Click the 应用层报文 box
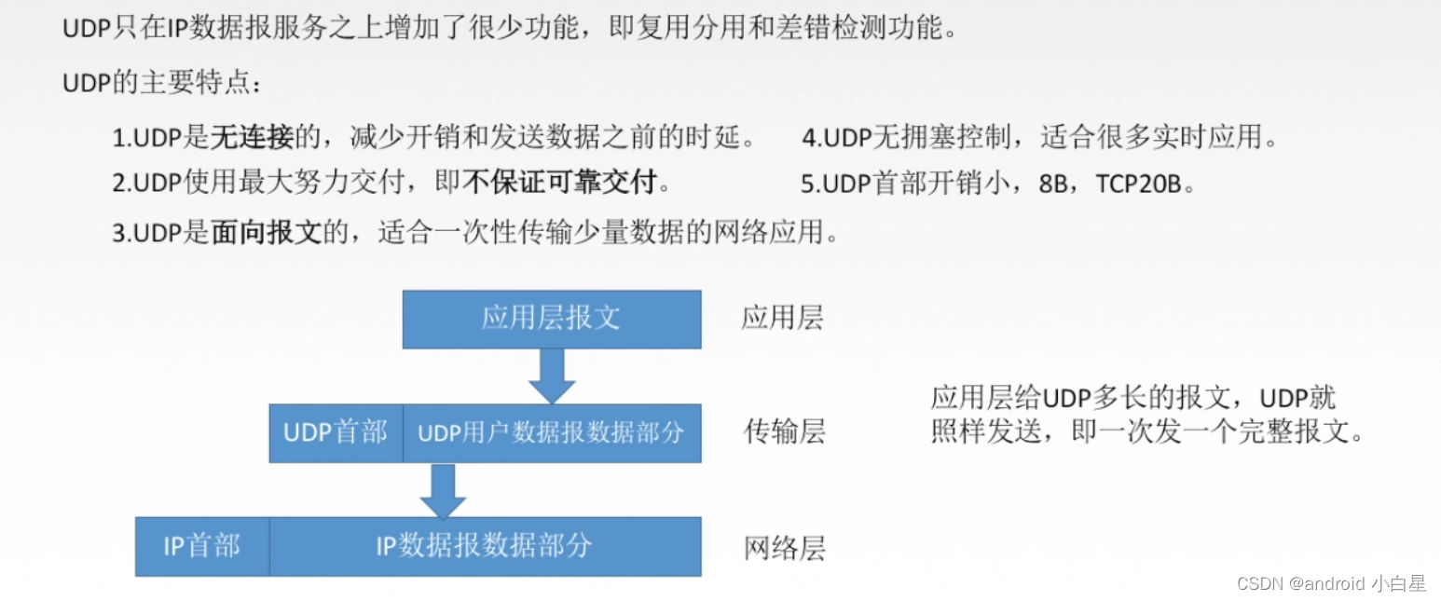tap(551, 319)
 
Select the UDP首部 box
tap(336, 432)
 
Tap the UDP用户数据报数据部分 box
tap(551, 432)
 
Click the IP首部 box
tap(201, 546)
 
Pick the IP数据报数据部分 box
tap(485, 546)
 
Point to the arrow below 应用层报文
tap(551, 376)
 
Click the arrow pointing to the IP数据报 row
tap(443, 490)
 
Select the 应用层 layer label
tap(782, 319)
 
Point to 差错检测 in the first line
tap(831, 29)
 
